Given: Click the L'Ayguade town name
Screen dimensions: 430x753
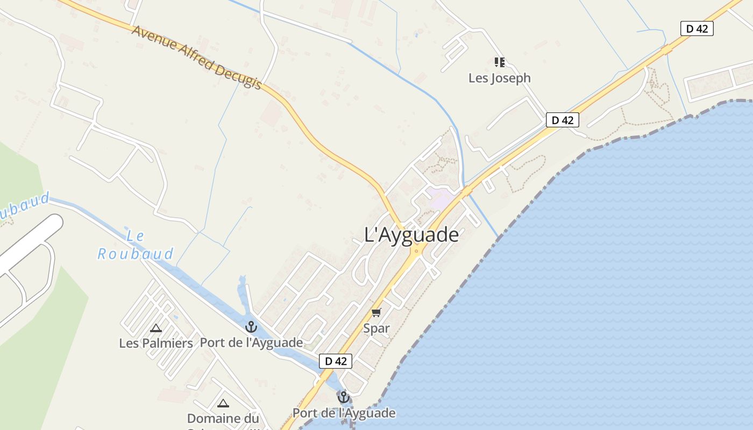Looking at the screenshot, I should (x=411, y=235).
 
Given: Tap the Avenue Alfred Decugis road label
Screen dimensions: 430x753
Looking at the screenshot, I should (x=197, y=57).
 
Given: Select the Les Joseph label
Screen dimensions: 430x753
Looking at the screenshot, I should (x=499, y=78).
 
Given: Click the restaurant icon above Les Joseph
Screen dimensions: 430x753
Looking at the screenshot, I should (x=500, y=62).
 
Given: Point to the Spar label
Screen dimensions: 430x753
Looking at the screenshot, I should (x=376, y=328).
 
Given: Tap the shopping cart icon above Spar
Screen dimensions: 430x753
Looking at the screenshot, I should (x=376, y=313).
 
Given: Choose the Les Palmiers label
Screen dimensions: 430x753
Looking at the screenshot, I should (x=156, y=343).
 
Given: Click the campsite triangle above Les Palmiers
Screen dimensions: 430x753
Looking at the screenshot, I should (x=156, y=328).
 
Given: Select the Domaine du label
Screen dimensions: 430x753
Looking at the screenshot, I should (x=223, y=418).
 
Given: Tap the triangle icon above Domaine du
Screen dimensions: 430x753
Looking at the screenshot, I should (x=223, y=403).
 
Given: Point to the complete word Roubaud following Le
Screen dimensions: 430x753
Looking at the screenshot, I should (x=136, y=254).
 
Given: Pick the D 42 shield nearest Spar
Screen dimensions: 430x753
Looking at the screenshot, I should (x=336, y=361).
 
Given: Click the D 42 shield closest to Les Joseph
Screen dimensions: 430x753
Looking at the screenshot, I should (x=563, y=120).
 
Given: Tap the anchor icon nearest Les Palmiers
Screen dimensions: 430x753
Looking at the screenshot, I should (x=251, y=327).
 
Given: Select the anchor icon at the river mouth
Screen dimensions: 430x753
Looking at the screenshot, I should (x=343, y=398).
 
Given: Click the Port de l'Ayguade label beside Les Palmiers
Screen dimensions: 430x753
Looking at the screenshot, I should (x=251, y=342).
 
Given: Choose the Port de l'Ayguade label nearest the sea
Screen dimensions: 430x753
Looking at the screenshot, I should (x=344, y=413).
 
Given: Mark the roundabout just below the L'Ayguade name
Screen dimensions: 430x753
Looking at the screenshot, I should (x=416, y=250).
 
